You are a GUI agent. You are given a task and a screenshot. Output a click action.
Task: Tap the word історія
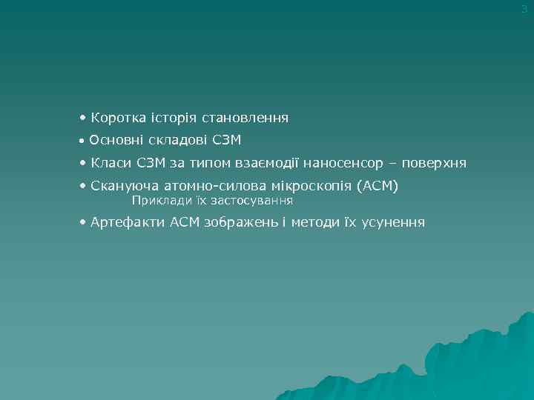(x=171, y=118)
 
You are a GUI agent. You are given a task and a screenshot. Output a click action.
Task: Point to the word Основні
(x=112, y=140)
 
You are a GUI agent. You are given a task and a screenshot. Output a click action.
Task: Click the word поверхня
(x=435, y=163)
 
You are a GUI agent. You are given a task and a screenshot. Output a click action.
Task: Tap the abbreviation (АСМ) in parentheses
(x=377, y=186)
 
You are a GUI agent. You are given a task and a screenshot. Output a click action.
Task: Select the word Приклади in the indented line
(x=159, y=201)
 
